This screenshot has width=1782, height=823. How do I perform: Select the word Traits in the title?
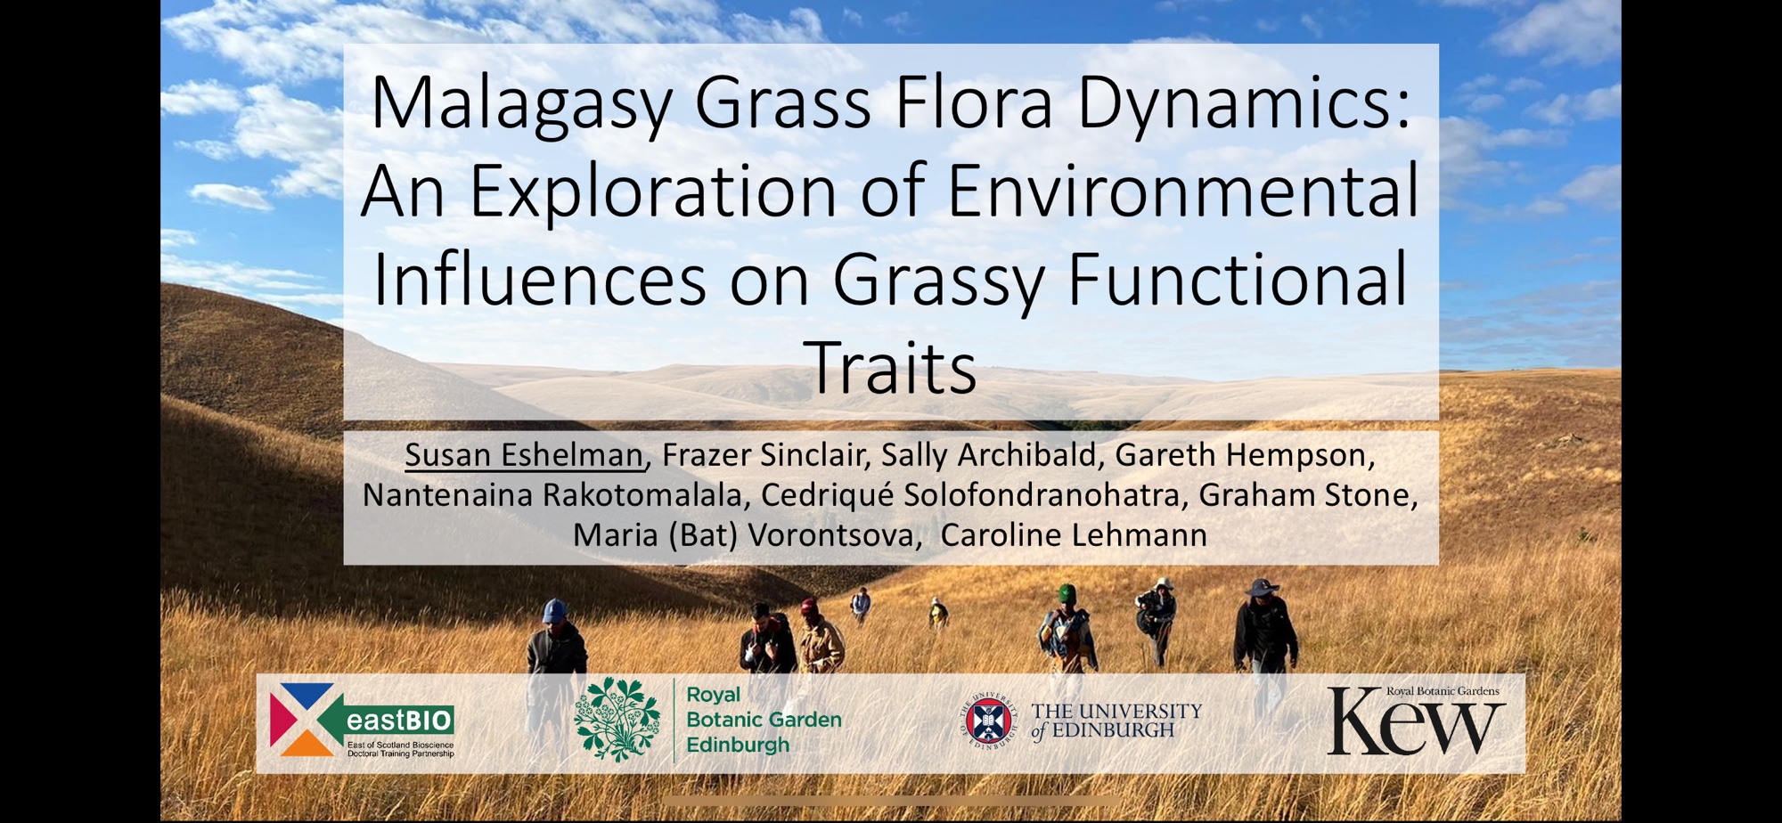tap(890, 367)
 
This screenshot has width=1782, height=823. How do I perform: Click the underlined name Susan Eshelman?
tap(524, 454)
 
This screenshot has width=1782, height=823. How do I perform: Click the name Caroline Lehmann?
tap(1074, 534)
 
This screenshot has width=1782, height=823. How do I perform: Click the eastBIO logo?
tap(362, 721)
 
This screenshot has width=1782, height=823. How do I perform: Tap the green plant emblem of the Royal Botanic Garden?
tap(617, 720)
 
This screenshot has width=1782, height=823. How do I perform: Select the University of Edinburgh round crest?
tap(988, 721)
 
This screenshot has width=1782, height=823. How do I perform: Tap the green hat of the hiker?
tap(1067, 593)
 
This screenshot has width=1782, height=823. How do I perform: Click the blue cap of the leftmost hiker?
tap(554, 610)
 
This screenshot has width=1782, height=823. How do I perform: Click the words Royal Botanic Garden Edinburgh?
tap(764, 720)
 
